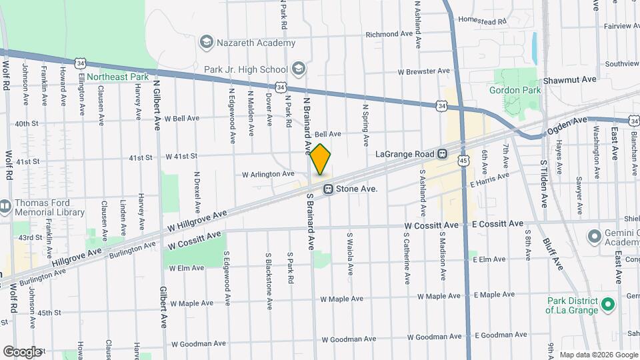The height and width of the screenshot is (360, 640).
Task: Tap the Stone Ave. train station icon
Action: click(329, 189)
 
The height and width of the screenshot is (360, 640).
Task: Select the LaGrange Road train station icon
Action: click(442, 154)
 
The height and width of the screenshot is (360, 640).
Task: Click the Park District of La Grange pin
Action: click(607, 305)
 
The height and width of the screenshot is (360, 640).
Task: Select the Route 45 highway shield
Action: click(463, 160)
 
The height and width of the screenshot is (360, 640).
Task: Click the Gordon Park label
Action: click(514, 90)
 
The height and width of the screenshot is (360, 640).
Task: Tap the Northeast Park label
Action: click(123, 77)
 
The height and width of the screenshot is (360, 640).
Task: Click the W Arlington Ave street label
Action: click(268, 174)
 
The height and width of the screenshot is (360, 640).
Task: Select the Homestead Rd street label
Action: click(483, 21)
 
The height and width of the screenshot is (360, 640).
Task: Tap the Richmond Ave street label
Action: click(391, 34)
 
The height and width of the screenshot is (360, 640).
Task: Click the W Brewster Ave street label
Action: click(424, 71)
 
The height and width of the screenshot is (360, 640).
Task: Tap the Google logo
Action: click(22, 351)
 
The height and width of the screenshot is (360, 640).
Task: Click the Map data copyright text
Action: click(599, 354)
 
